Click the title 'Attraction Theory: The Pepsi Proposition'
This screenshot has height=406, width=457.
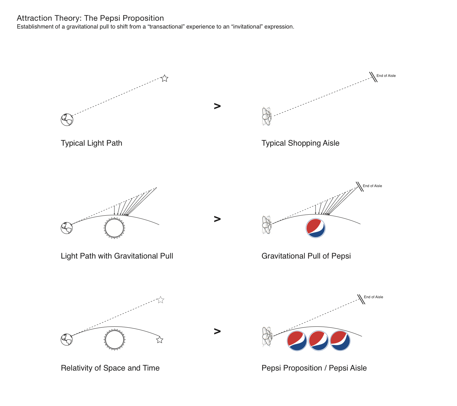[90, 18]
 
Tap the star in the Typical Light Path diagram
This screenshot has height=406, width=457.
[165, 78]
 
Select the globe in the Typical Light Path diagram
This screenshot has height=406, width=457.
[67, 120]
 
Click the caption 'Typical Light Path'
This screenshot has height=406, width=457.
[91, 143]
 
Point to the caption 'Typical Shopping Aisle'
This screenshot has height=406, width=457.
[300, 143]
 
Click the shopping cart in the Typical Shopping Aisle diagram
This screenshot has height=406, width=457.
[267, 117]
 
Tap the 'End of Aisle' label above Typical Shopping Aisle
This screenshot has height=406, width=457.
[386, 76]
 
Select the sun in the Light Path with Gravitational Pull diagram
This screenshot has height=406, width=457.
[114, 228]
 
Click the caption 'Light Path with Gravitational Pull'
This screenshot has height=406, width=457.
[117, 256]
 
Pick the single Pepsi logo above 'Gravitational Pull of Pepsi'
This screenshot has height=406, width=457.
[315, 228]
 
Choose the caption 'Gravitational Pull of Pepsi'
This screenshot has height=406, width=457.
[306, 256]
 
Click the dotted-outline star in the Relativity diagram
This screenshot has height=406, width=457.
[160, 300]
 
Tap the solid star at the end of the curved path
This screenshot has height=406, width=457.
[160, 340]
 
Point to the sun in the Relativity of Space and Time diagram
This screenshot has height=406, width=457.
[115, 339]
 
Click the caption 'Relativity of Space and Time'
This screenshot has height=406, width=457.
[110, 368]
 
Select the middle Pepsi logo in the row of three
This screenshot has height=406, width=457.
[319, 341]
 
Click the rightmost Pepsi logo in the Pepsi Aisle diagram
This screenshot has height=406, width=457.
[340, 341]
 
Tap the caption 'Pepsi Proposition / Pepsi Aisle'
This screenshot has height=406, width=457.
[314, 368]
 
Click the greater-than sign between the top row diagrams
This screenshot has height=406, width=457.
[217, 106]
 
